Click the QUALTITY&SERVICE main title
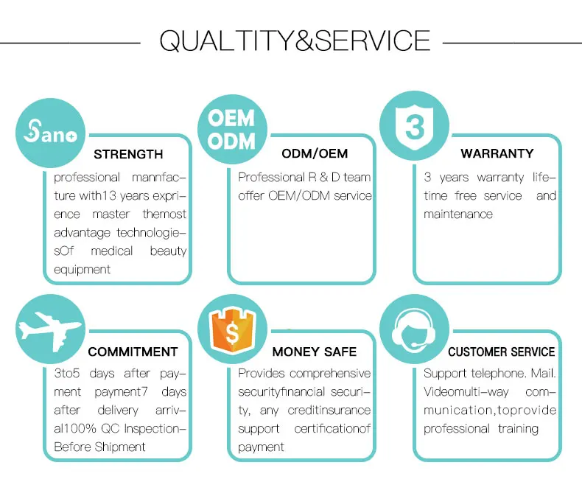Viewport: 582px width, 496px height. coord(295,41)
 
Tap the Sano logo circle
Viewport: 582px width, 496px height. coord(51,133)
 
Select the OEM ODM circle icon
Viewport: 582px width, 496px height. coord(232,129)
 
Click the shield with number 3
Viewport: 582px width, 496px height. coord(414,127)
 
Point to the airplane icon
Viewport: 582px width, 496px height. coord(49,330)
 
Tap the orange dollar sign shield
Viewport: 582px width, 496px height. coord(232,329)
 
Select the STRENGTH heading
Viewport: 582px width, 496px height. coord(128,154)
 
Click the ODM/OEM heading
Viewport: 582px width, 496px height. coord(315,153)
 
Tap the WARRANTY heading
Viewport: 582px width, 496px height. coord(497,153)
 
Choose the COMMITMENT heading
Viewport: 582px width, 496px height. coord(133,352)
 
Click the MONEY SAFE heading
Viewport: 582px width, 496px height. coord(315,352)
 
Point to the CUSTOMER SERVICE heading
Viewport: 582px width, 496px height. coord(502,352)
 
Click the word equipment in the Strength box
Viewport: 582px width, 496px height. coord(82,269)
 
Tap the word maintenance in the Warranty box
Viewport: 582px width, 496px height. coord(458,214)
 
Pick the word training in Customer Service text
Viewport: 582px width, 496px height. coord(518,429)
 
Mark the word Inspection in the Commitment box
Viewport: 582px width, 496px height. coord(155,428)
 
